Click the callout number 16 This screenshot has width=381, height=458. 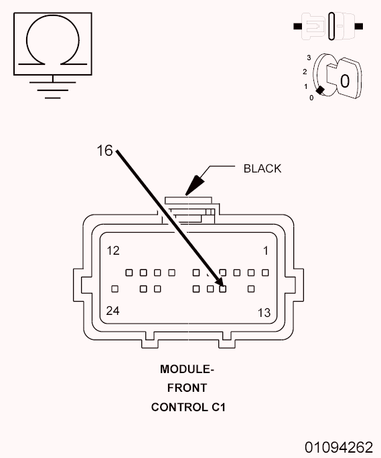104,151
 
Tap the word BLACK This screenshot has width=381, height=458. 262,168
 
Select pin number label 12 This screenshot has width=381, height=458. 113,251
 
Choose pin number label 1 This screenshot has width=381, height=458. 265,251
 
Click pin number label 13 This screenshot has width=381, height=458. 264,312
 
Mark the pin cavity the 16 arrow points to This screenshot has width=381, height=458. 223,289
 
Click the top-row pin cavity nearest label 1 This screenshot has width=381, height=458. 265,273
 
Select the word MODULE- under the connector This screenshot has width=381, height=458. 187,369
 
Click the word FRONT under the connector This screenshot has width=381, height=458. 187,387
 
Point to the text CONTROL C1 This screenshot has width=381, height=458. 187,406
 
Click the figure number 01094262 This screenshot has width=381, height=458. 339,446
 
